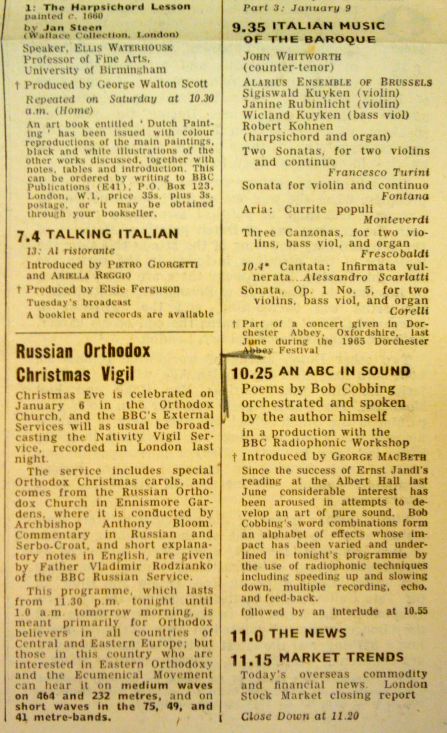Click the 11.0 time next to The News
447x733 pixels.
click(x=247, y=636)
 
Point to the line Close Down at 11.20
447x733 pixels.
click(x=300, y=717)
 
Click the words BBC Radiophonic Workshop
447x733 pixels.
click(x=325, y=443)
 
